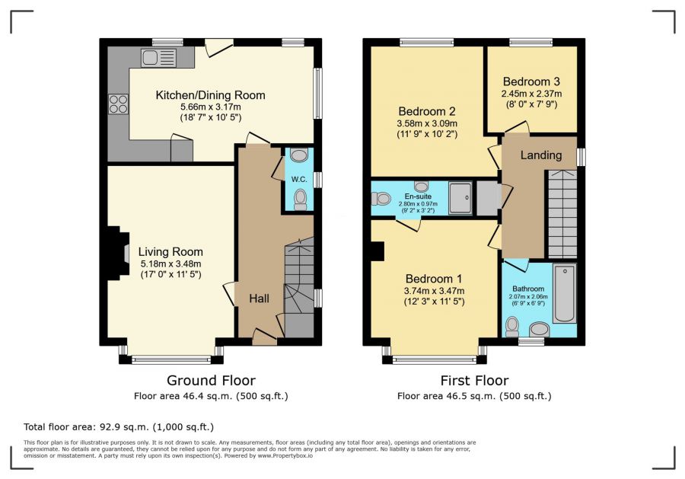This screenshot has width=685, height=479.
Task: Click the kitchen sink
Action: tap(158, 58)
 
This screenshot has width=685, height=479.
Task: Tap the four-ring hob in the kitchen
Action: tap(119, 104)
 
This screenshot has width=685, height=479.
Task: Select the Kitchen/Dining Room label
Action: tap(211, 95)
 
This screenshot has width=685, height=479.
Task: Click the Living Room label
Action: tap(170, 252)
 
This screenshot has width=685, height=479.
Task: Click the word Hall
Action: tap(259, 299)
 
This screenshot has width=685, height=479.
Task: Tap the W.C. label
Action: tap(299, 179)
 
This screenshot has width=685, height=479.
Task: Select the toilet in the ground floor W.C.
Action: tap(300, 200)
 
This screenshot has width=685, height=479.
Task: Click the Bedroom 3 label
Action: tap(531, 81)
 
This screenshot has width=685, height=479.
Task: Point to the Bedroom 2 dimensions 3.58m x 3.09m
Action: tap(427, 123)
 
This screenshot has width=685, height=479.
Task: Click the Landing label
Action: tap(541, 155)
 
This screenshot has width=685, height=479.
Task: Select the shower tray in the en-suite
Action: tap(460, 198)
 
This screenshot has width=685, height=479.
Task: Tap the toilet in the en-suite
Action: tap(381, 199)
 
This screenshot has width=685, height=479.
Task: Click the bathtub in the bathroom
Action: tap(565, 293)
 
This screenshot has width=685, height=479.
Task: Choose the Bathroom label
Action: tap(528, 289)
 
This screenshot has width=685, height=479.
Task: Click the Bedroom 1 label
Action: tap(434, 279)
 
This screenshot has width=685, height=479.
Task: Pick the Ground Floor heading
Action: tap(211, 381)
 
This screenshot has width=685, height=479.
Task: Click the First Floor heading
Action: tap(474, 381)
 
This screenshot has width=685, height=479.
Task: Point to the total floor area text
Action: tap(119, 427)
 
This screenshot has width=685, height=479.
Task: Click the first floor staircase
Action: tap(562, 214)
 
